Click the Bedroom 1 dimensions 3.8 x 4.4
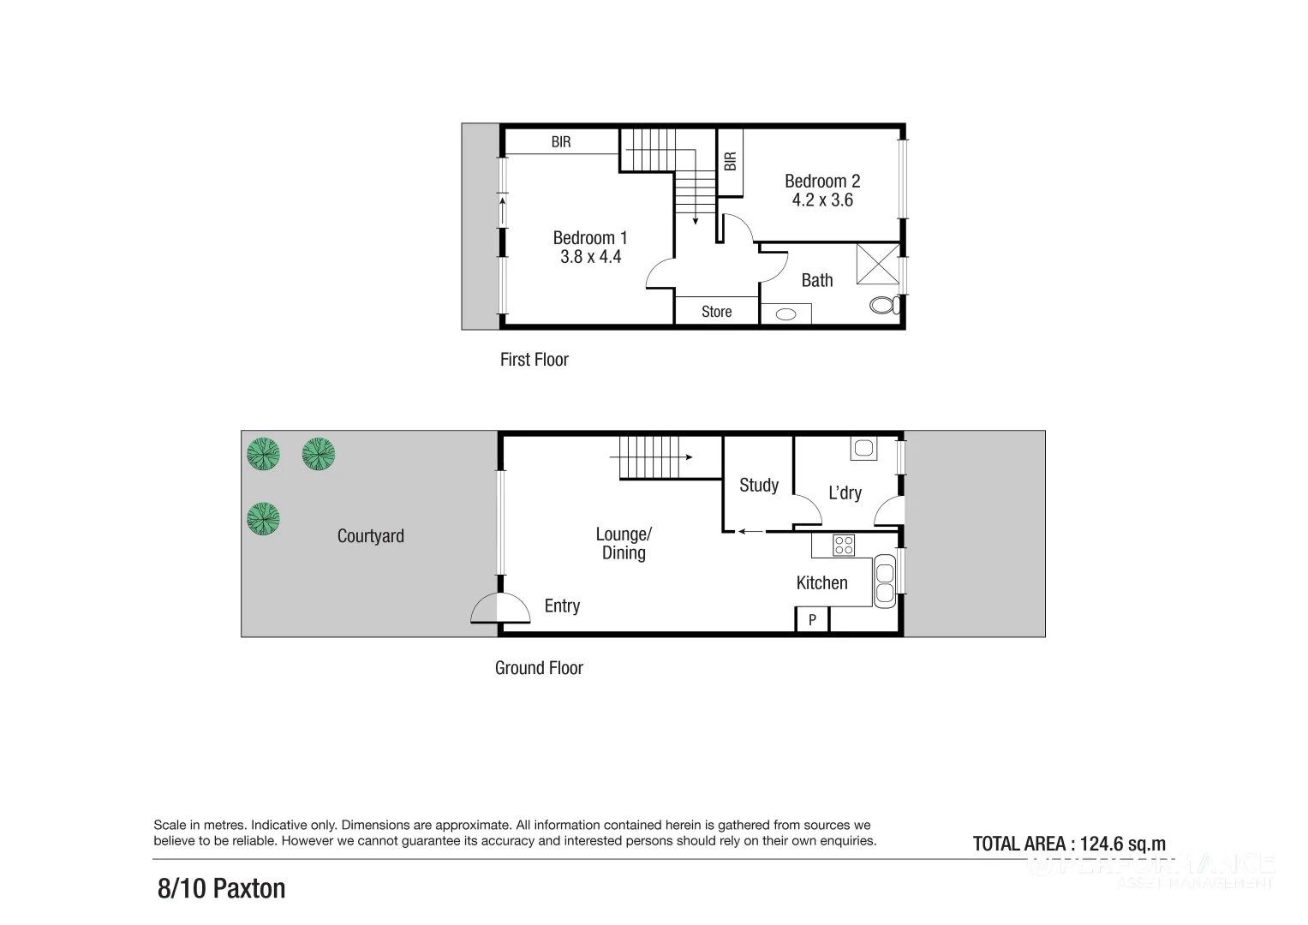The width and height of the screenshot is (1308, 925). (590, 257)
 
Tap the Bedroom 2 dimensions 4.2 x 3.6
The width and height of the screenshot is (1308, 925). (822, 200)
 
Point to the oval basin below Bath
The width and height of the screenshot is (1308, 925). (785, 314)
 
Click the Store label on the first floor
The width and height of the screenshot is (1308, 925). (716, 312)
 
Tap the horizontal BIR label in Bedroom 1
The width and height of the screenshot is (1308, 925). (560, 142)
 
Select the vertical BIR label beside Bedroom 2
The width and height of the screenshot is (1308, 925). (730, 161)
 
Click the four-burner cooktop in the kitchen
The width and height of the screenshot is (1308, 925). (844, 545)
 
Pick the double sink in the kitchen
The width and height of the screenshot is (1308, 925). (884, 581)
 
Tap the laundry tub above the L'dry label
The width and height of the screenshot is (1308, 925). (862, 448)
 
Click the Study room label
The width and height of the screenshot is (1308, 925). (759, 486)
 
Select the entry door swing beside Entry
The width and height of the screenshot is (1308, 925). (485, 609)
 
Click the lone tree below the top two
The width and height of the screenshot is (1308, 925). (263, 519)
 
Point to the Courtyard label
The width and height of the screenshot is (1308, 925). (370, 536)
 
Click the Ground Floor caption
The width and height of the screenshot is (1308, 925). (539, 668)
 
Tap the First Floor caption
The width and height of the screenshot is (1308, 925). (534, 360)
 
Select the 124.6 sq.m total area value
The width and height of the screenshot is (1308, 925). (1122, 844)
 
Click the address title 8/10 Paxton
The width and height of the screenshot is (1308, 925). (221, 888)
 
